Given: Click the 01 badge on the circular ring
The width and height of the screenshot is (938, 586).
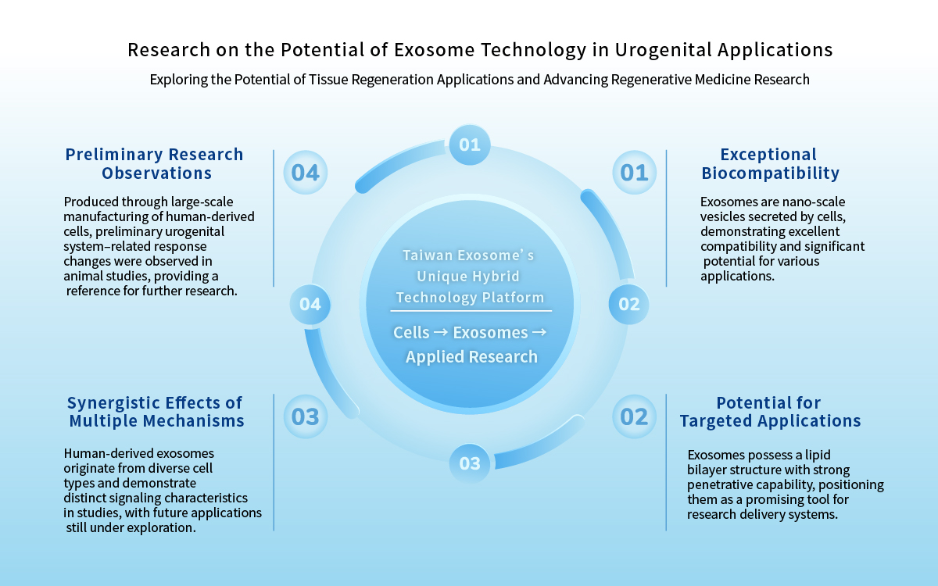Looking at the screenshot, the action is [x=470, y=145].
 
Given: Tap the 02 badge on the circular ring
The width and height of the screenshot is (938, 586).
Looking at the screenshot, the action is [x=628, y=304].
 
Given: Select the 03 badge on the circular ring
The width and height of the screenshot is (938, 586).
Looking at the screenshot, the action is [x=470, y=463].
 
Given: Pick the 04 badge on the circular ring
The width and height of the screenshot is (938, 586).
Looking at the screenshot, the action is [x=310, y=304].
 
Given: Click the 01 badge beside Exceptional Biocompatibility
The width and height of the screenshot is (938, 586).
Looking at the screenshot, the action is [x=634, y=173].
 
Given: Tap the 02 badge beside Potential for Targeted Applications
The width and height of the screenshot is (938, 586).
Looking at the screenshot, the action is [x=634, y=416].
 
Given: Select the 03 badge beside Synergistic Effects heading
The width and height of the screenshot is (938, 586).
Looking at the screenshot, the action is [x=306, y=416].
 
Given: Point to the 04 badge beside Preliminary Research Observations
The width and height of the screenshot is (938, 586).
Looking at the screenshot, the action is [x=306, y=173].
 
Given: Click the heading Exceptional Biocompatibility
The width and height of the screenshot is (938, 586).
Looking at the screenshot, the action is [x=770, y=163].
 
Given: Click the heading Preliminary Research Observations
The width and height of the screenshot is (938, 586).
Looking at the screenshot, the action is [x=155, y=163].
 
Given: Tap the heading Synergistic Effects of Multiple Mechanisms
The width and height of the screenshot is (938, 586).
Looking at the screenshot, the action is [x=156, y=412].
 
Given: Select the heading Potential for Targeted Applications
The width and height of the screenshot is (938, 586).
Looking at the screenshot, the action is [x=770, y=412].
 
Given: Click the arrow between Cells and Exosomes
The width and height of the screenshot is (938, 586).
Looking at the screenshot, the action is [x=441, y=332].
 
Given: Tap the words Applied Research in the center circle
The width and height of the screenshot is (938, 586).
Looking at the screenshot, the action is [x=471, y=356].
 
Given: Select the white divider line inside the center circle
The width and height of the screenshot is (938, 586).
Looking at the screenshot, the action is [x=471, y=311].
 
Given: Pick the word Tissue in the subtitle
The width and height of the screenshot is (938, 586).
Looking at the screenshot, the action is [x=329, y=80].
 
